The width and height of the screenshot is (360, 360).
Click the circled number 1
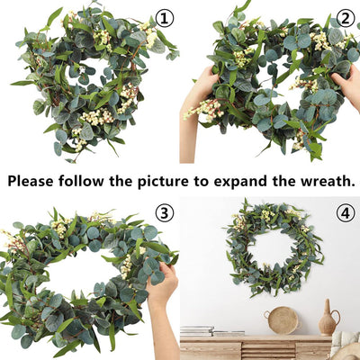[x=164, y=17]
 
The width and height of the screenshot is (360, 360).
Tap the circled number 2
[x=345, y=18]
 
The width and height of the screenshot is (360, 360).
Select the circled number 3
[x=164, y=212]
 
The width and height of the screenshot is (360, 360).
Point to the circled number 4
[x=345, y=213]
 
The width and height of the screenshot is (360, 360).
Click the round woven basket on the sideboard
[x=283, y=320]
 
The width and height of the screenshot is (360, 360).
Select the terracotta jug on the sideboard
[x=328, y=321]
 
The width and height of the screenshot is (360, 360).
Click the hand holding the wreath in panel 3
[x=162, y=286]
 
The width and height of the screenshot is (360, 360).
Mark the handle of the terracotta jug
[x=336, y=319]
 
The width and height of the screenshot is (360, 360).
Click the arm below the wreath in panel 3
[x=157, y=333]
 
